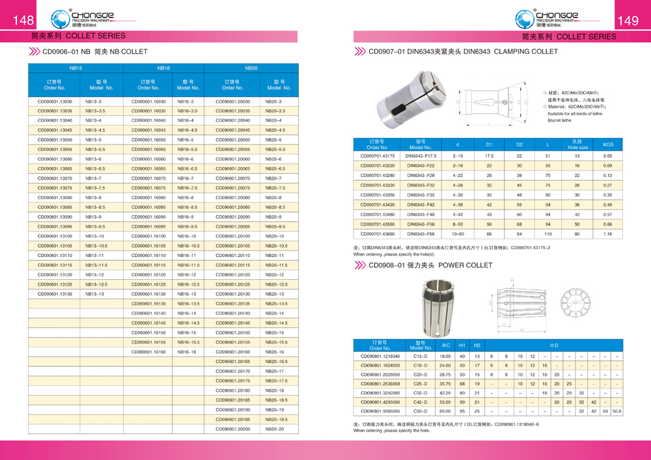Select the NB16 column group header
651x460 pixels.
point(163,68)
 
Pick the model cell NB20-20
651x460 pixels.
point(273,429)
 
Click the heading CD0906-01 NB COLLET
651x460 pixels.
point(94,51)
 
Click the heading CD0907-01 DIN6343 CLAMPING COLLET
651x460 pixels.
point(463,51)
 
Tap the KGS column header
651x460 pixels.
point(608,144)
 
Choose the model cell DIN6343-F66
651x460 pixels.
point(421,234)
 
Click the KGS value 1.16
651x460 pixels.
point(608,234)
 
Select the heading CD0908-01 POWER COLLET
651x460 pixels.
point(429,265)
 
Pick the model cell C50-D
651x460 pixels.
point(421,412)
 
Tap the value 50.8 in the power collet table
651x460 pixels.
point(616,412)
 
